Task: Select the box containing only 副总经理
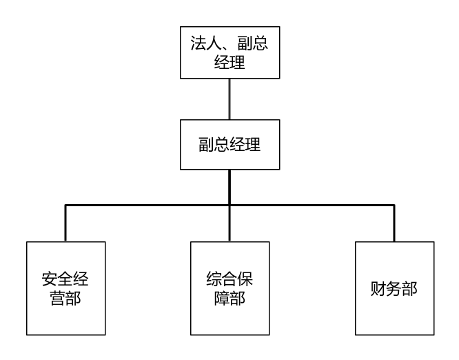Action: (x=229, y=144)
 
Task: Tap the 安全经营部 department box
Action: (x=65, y=288)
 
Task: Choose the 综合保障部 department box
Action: (x=229, y=288)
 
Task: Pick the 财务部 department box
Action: (x=394, y=288)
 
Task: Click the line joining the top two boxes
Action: (x=229, y=99)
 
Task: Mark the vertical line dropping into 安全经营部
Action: (x=65, y=223)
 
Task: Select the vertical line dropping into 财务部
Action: (x=394, y=223)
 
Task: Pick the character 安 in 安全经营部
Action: (x=49, y=280)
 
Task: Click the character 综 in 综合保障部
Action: (x=214, y=280)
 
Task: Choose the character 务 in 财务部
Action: (x=394, y=288)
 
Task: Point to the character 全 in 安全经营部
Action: (x=65, y=280)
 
